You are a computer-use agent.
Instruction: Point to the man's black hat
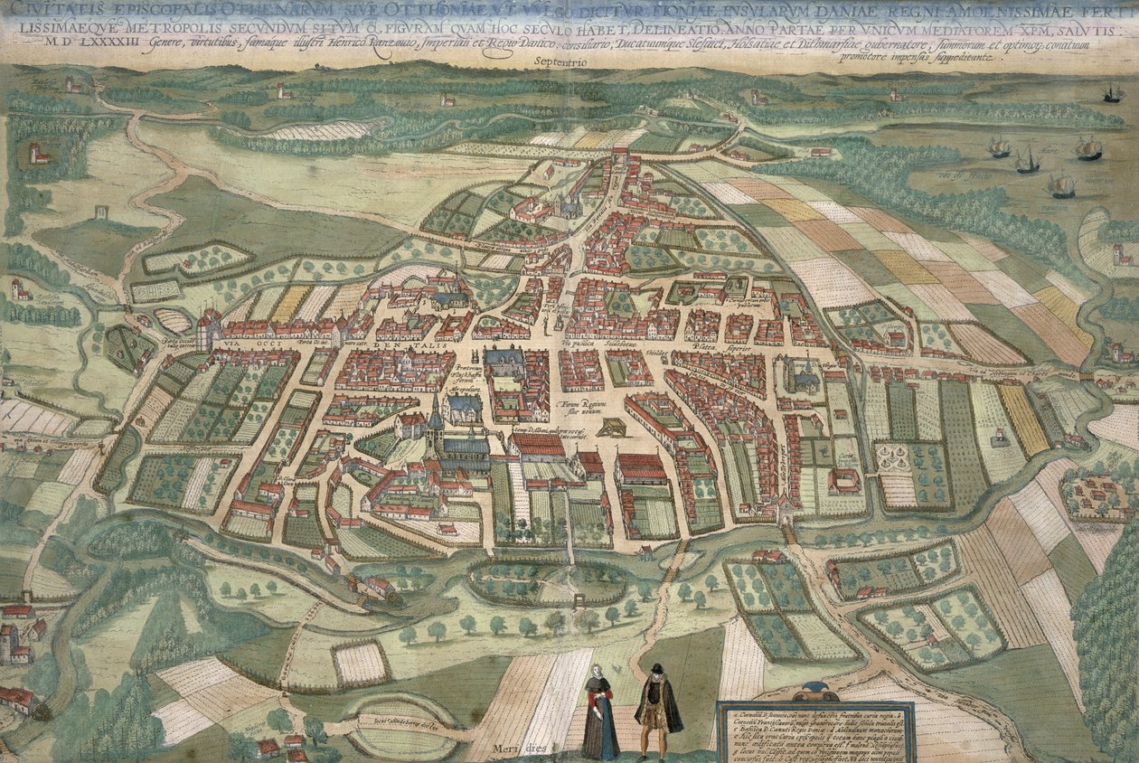point(657,669)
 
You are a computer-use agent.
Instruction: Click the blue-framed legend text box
point(816,731)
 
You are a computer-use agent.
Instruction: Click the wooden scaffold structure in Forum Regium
point(612,426)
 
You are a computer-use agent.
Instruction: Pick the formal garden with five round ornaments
point(899,460)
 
